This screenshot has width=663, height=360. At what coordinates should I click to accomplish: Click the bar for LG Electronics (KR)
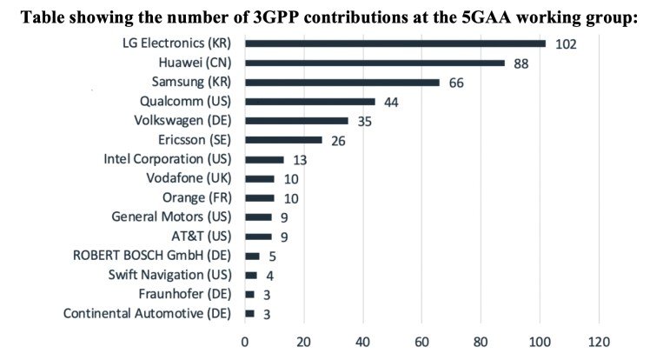coord(395,43)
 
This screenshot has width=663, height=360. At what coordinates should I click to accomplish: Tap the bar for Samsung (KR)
coord(342,83)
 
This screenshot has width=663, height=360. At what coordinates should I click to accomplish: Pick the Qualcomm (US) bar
coord(310,102)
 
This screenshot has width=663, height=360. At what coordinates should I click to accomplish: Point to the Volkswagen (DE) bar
coord(296,121)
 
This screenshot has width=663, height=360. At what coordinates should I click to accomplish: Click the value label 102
coord(567,43)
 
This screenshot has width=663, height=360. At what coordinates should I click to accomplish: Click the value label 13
coord(302,160)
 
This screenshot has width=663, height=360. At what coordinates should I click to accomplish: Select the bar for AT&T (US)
coord(258,237)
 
